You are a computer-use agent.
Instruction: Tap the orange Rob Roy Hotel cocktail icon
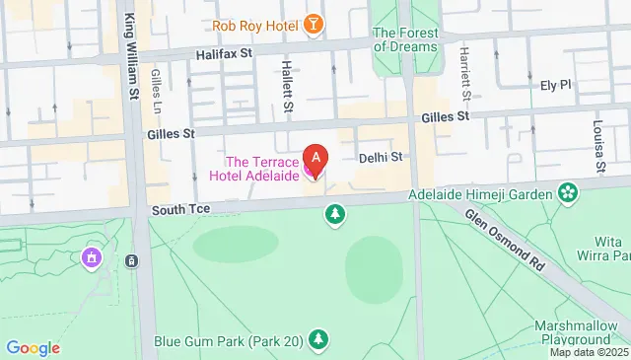pos(313,24)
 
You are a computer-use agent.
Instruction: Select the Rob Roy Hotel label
pos(255,24)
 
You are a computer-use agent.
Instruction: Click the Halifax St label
pos(225,56)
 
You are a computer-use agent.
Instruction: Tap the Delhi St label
pos(381,157)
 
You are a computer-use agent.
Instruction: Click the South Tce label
pos(175,211)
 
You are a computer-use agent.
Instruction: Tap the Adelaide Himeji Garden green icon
pos(568,191)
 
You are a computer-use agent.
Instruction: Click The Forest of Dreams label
pos(404,39)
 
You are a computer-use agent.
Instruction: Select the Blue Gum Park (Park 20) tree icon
pos(317,341)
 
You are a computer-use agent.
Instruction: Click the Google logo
pos(33,347)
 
